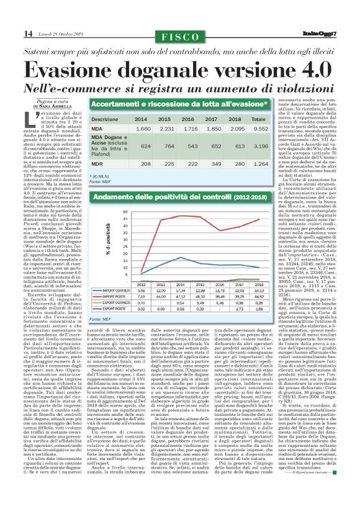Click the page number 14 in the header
[11, 32]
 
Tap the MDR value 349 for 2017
[214, 164]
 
